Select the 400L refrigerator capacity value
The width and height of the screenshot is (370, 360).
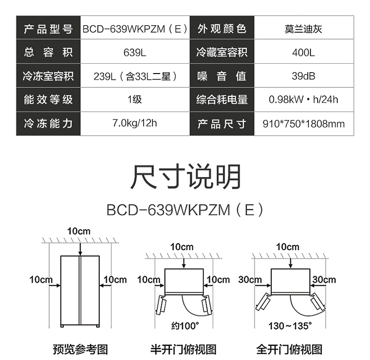click(303, 52)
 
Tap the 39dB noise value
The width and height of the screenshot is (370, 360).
click(303, 76)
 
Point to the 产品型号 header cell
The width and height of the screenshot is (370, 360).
click(48, 29)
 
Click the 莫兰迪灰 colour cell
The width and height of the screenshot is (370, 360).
click(303, 29)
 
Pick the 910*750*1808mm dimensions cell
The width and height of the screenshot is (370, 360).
click(303, 123)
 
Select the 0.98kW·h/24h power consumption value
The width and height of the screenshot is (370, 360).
click(303, 100)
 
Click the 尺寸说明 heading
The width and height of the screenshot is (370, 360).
click(185, 177)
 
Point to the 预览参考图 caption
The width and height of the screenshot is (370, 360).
click(80, 349)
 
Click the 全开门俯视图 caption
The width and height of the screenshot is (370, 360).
click(289, 349)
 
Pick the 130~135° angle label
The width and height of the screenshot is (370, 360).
click(290, 326)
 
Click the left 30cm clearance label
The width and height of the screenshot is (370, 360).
click(250, 280)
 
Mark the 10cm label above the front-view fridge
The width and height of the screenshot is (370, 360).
click(79, 231)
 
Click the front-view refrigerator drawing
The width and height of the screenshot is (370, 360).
click(80, 291)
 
